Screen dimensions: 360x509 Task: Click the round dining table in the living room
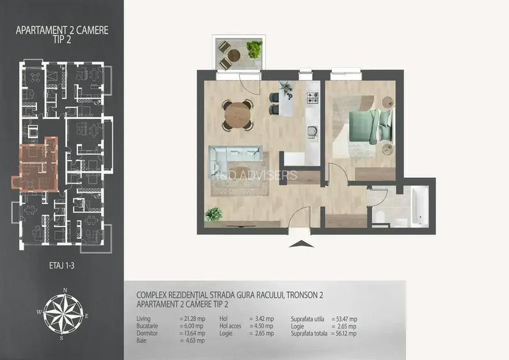237,115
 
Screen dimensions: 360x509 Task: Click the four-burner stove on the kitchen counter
313,98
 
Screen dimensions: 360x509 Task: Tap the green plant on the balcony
254,49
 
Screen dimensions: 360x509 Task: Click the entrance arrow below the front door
299,244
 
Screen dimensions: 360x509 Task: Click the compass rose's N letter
65,290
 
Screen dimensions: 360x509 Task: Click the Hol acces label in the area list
231,326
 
